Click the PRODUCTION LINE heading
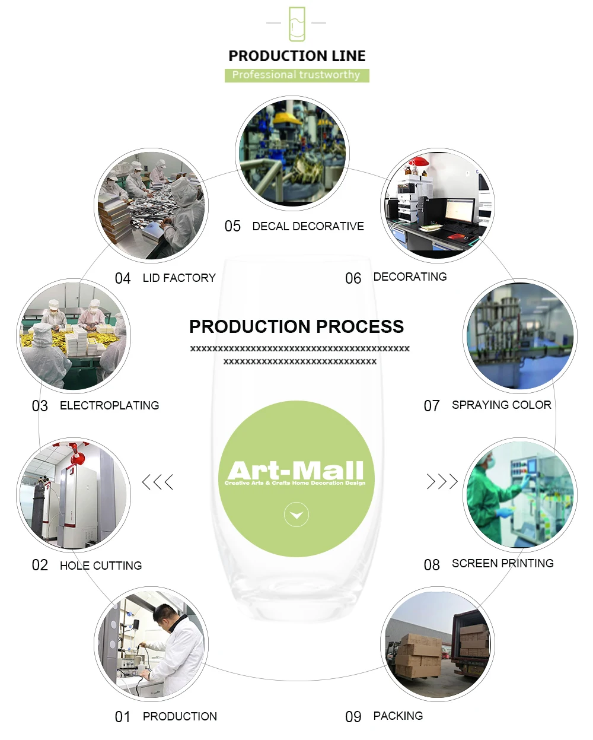pos(296,56)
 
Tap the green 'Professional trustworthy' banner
pos(296,75)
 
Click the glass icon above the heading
pos(296,24)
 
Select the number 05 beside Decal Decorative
pos(232,226)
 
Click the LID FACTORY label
pos(179,278)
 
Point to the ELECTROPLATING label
pos(109,405)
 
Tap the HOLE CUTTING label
pos(101,566)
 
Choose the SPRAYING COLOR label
pos(501,405)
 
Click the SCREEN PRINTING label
pos(502,563)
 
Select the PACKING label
pos(398,716)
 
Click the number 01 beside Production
pos(123,717)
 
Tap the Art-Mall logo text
pos(296,471)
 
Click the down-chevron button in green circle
pos(296,514)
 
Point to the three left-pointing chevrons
pos(158,482)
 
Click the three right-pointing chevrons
pos(442,481)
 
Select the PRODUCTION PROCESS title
pos(296,326)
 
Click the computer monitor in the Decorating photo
pos(460,211)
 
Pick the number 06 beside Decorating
pos(353,278)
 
